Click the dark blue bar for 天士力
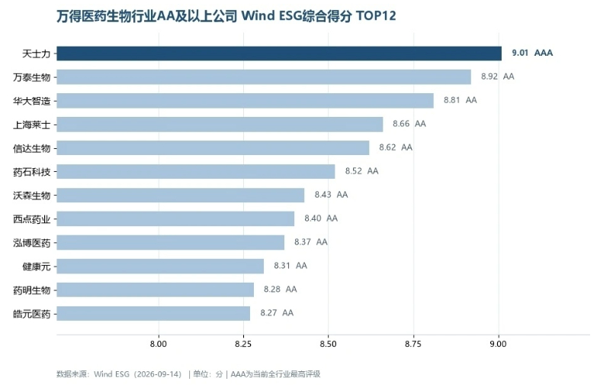(x=279, y=53)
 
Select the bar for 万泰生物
(x=264, y=76)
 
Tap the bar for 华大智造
(x=245, y=101)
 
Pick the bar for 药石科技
(x=196, y=172)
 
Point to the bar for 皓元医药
(x=153, y=313)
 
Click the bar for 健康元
(x=160, y=267)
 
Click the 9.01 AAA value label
(x=532, y=53)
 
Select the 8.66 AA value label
(x=409, y=124)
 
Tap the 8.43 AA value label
(x=331, y=195)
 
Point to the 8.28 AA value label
(x=281, y=290)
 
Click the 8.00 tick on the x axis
(x=159, y=344)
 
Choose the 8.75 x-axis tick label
(x=413, y=344)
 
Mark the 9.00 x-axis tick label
(x=498, y=344)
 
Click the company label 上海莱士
(x=32, y=125)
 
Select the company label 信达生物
(x=32, y=148)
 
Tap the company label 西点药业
(x=32, y=219)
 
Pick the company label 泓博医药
(x=32, y=243)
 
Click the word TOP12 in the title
(x=376, y=16)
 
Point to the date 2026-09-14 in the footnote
(x=158, y=374)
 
